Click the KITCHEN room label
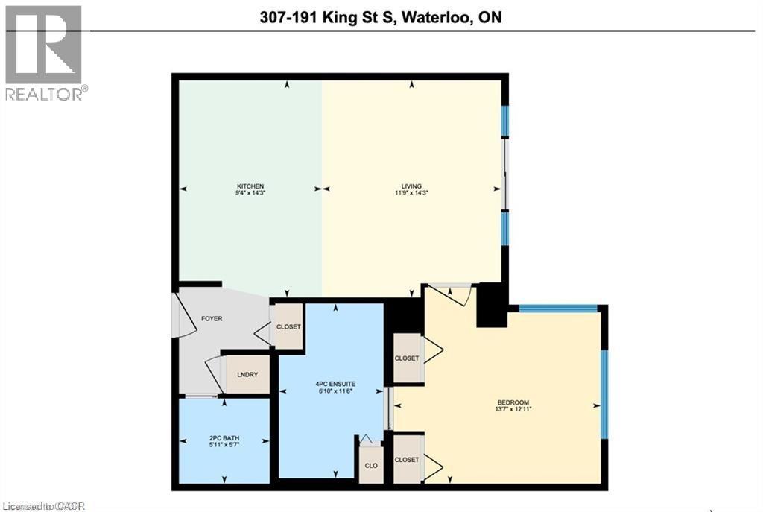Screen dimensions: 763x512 [251, 186]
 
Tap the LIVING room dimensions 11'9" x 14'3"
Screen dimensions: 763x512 [411, 193]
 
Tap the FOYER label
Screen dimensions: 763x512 [212, 318]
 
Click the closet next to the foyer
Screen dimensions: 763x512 [288, 326]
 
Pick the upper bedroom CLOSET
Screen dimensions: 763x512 [407, 358]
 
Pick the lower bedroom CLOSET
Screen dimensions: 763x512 [407, 460]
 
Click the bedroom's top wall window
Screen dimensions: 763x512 [557, 308]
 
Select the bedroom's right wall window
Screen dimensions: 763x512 [604, 395]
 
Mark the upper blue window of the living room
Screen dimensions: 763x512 [504, 121]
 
